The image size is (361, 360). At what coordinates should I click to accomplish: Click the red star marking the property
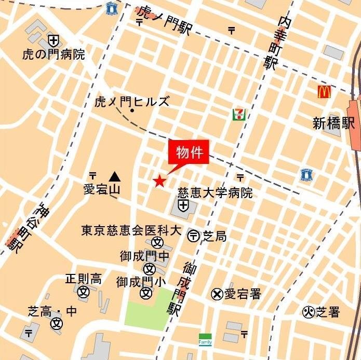coord(159,181)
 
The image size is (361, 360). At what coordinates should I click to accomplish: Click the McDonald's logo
coord(325,92)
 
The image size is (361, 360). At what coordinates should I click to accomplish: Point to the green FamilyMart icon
coord(205,339)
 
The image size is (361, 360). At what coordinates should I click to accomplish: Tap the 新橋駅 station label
coord(333,123)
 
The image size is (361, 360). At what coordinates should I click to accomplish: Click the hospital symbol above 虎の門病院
coord(53,40)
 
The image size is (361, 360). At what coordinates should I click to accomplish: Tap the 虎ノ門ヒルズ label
coord(132,101)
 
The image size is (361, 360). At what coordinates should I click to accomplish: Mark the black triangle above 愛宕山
coord(114,176)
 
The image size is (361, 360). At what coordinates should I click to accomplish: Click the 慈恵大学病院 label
coord(215,193)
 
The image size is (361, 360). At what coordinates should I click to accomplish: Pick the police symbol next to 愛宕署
coord(217,294)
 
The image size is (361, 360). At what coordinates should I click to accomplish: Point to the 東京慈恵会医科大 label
coord(131,230)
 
